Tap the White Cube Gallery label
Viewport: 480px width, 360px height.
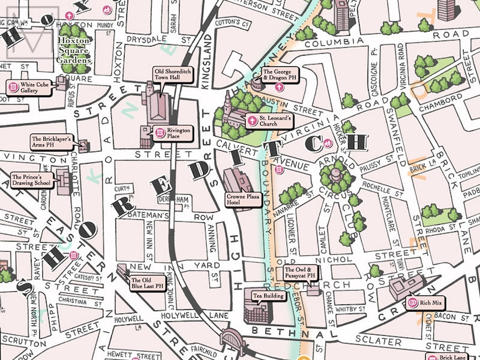pyautogui.click(x=30, y=87)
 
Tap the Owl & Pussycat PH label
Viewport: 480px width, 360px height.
pyautogui.click(x=300, y=273)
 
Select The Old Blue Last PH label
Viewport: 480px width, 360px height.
pyautogui.click(x=147, y=283)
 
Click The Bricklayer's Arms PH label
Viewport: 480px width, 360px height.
pyautogui.click(x=51, y=142)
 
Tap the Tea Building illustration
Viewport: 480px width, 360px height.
pyautogui.click(x=256, y=312)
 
